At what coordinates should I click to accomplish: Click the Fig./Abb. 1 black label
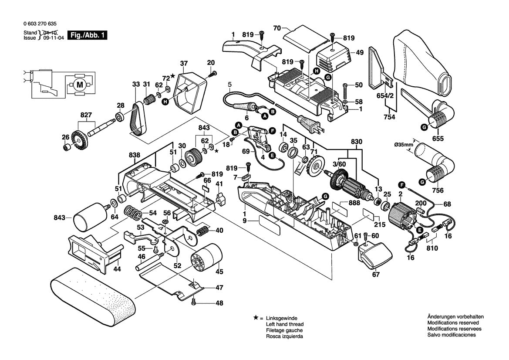(x=88, y=36)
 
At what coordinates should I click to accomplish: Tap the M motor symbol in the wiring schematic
(x=79, y=85)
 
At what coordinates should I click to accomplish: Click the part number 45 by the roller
(x=219, y=272)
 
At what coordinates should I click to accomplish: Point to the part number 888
(x=354, y=203)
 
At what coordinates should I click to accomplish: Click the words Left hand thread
(x=284, y=324)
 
